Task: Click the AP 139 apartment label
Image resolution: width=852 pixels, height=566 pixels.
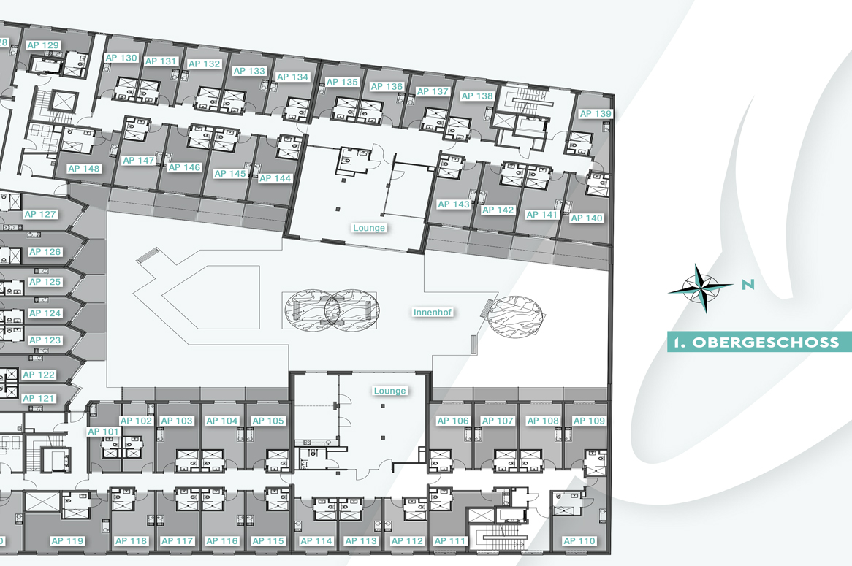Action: [x=596, y=113]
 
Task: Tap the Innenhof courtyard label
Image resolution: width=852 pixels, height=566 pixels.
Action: [x=433, y=313]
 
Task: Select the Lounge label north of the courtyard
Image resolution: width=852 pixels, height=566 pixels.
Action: [x=369, y=228]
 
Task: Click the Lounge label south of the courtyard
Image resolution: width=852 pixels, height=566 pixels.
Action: [x=389, y=391]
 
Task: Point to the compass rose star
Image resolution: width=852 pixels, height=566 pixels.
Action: [x=701, y=288]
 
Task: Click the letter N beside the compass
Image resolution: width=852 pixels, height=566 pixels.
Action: [x=748, y=284]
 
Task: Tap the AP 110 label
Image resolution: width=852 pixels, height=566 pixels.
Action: [x=579, y=541]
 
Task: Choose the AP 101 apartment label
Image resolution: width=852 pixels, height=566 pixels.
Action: [x=103, y=432]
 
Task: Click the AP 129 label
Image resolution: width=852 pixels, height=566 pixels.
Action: [x=43, y=45]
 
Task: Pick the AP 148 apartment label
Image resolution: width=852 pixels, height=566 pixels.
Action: [x=84, y=169]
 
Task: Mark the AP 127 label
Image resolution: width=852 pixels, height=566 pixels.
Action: [x=40, y=214]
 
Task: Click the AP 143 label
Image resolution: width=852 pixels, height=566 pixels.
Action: [x=453, y=204]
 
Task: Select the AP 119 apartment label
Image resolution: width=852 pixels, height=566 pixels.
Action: [x=67, y=541]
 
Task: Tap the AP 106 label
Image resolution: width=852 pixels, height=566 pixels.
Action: [x=452, y=421]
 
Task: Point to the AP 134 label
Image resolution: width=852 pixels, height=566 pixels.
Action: [x=292, y=77]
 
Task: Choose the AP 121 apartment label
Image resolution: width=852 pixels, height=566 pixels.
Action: [x=39, y=398]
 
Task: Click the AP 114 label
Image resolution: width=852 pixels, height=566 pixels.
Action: [x=316, y=541]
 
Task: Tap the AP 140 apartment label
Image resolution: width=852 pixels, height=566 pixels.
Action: [x=586, y=218]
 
